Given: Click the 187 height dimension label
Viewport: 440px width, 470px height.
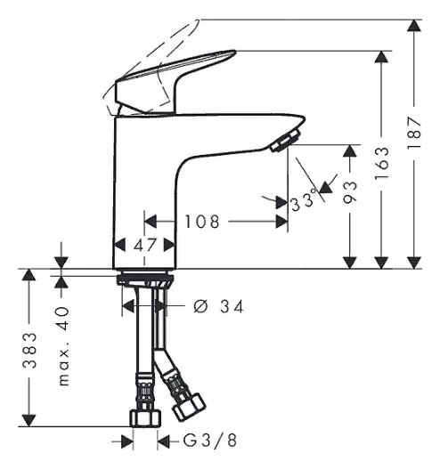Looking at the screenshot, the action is point(414,133).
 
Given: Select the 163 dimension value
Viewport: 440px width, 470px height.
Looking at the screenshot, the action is point(381,164).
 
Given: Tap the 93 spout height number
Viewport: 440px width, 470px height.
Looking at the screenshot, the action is point(350,192).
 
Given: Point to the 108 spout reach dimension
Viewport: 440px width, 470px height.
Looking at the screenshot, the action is point(202,222).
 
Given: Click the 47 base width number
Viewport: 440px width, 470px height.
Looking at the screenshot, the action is point(144,245).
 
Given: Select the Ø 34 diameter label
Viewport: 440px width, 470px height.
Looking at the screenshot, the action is point(218,307).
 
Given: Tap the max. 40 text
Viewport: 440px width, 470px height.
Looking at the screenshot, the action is point(63,346).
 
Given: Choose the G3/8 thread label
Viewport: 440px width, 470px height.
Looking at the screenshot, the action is point(210,441).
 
